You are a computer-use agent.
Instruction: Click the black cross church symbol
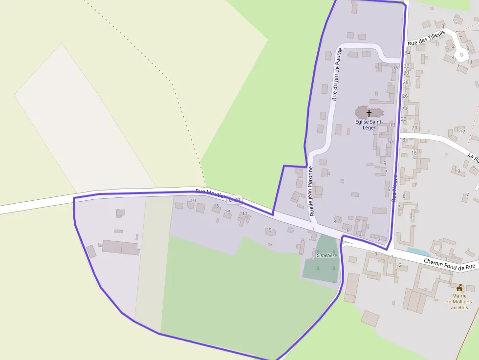click(369, 113)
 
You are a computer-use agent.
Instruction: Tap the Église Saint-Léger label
click(369, 125)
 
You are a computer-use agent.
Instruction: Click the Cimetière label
click(327, 255)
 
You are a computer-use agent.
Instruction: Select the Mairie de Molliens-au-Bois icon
click(459, 288)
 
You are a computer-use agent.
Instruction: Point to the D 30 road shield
click(235, 200)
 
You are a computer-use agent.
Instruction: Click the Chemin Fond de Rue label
click(449, 264)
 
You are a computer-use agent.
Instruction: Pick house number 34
click(407, 53)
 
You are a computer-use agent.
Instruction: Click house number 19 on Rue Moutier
click(193, 201)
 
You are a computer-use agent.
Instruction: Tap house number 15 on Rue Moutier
click(216, 206)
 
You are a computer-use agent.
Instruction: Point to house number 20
click(414, 127)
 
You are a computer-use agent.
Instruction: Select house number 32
click(406, 65)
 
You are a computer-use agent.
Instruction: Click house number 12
click(462, 131)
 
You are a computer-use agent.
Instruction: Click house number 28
click(405, 83)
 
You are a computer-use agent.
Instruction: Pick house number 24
click(404, 108)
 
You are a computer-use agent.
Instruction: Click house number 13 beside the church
click(392, 125)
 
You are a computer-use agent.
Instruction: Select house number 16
click(414, 153)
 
